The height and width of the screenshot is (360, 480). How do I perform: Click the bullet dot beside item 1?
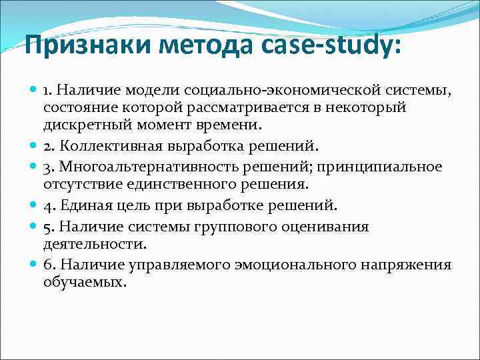33,89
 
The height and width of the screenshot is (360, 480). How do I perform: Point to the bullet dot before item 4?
33,205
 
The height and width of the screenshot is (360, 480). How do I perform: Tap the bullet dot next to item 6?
33,265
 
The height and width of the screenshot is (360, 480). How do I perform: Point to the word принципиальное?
388,166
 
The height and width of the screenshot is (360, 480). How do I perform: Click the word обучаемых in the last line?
85,282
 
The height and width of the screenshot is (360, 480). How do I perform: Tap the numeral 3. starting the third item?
49,166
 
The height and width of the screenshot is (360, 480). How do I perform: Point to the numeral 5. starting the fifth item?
49,227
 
